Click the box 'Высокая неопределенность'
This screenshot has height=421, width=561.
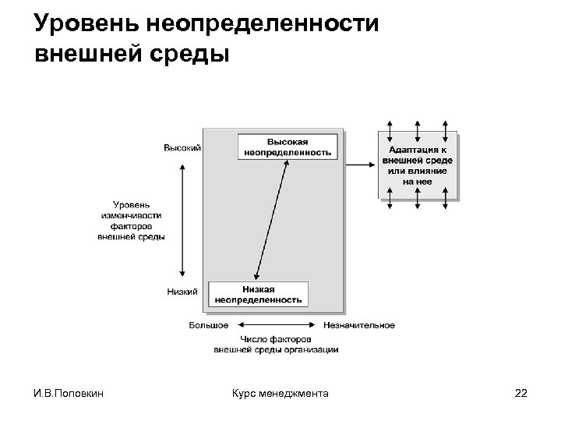coord(288,147)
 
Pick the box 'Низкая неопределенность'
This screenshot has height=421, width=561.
coord(258,294)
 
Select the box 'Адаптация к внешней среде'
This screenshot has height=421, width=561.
coord(418,165)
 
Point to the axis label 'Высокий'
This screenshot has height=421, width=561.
coord(182,147)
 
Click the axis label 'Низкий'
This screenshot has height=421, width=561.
coord(182,292)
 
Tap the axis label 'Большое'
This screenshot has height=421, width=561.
coord(209,325)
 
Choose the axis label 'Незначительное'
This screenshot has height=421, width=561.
coord(359,325)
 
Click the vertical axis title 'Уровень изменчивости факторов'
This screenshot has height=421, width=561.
coord(132,220)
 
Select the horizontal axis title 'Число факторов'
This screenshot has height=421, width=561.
coord(276,345)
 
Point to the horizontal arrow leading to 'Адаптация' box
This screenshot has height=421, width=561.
coord(359,165)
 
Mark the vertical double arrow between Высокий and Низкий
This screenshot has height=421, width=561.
coord(182,220)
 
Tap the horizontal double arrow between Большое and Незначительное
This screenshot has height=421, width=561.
coord(276,325)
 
